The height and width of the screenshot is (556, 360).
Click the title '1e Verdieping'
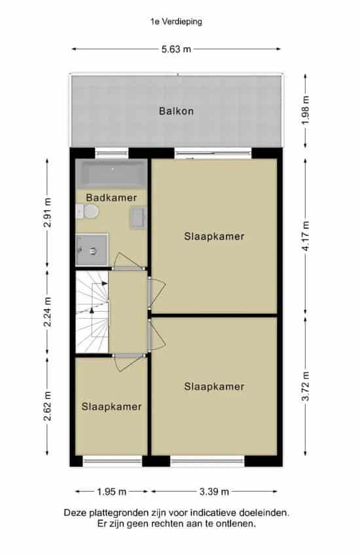pyautogui.click(x=176, y=22)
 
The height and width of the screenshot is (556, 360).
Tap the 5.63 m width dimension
pyautogui.click(x=176, y=49)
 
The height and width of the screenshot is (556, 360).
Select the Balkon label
pyautogui.click(x=176, y=111)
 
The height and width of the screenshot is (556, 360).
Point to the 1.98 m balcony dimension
pyautogui.click(x=306, y=110)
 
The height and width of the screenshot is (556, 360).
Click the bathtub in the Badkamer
pyautogui.click(x=111, y=174)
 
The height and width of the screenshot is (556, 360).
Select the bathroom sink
pyautogui.click(x=138, y=219)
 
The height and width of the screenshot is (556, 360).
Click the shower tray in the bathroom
pyautogui.click(x=92, y=250)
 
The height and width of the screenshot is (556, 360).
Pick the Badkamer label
pyautogui.click(x=111, y=198)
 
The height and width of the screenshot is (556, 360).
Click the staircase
pyautogui.click(x=92, y=312)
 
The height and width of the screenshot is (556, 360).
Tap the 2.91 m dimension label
pyautogui.click(x=48, y=212)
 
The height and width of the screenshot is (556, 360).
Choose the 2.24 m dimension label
pyautogui.click(x=48, y=312)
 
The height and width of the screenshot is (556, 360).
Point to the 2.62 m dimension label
pyautogui.click(x=48, y=406)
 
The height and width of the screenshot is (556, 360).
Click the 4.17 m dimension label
pyautogui.click(x=306, y=236)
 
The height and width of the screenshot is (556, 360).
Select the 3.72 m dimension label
pyautogui.click(x=306, y=386)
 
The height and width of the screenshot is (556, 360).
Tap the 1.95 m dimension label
pyautogui.click(x=112, y=491)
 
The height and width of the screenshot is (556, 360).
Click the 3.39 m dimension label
pyautogui.click(x=214, y=491)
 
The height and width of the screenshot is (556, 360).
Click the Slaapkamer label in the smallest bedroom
pyautogui.click(x=111, y=407)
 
